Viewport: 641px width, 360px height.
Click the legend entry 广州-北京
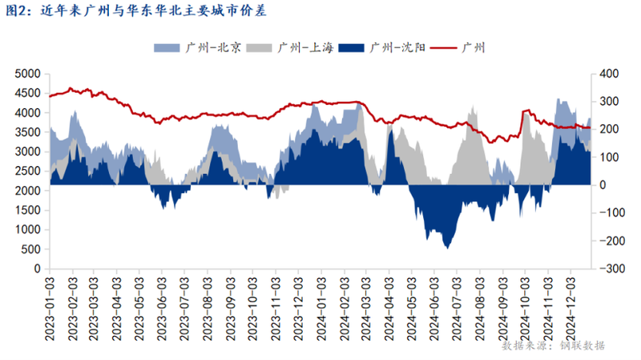click(200, 48)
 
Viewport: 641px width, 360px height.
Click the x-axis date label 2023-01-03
click(50, 301)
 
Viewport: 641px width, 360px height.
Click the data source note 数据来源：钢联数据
click(553, 346)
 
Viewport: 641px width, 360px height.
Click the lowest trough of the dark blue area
click(446, 248)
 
